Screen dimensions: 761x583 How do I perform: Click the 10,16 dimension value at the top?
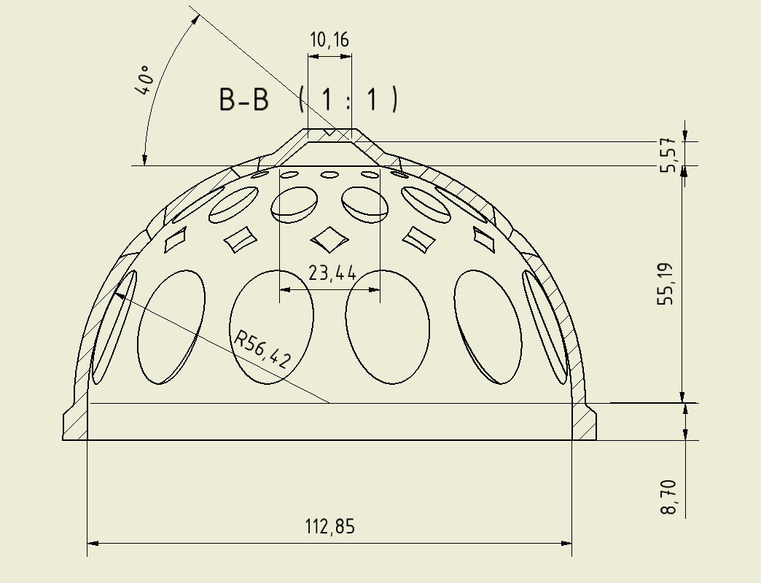click(329, 40)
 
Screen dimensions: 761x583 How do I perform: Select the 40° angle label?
click(144, 80)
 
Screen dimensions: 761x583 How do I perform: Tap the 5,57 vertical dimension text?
click(668, 154)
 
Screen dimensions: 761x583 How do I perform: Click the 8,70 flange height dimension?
click(668, 497)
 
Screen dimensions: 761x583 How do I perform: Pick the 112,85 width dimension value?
click(330, 527)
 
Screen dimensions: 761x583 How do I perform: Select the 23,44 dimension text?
click(332, 273)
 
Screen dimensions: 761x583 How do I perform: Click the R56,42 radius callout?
click(262, 348)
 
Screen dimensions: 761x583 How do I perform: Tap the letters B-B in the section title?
click(244, 99)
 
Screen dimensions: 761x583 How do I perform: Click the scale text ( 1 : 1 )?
click(348, 99)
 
